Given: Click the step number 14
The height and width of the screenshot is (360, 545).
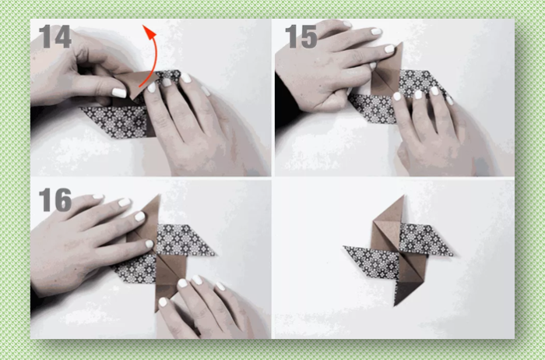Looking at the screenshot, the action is (55, 37).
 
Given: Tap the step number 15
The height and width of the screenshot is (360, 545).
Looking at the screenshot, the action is (301, 37).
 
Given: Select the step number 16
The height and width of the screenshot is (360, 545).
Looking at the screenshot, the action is (55, 199).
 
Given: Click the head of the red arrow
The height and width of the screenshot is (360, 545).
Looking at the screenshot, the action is (149, 31).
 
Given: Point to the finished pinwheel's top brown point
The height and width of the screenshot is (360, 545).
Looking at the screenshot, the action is (403, 196).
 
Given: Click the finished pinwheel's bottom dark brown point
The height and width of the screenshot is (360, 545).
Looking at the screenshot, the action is (395, 305).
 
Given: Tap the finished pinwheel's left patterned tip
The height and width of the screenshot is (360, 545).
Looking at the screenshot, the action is (344, 247).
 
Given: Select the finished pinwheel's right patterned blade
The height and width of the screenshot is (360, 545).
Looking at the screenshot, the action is (425, 239).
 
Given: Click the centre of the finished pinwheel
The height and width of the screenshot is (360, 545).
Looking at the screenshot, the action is (399, 251).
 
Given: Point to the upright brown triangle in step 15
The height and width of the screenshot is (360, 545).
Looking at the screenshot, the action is (389, 72).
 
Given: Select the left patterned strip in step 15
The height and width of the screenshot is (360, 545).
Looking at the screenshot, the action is (373, 108).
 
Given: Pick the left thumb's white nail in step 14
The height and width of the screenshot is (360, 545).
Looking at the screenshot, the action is (119, 93).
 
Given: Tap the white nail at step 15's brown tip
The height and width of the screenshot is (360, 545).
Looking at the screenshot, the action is (389, 48).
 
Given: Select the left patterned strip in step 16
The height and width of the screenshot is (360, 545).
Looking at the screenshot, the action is (135, 268).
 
